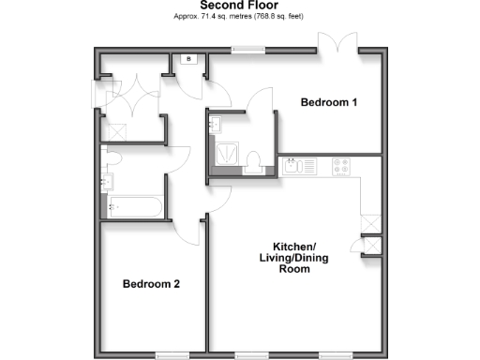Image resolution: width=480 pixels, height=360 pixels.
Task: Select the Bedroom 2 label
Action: coord(150,283)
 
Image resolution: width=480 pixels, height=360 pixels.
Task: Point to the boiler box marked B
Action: coord(189,61)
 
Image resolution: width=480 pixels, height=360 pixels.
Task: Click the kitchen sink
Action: coord(299,167)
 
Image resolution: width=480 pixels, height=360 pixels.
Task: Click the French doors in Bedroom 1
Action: coord(338,43)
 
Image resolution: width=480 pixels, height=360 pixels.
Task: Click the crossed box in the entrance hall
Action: coord(98,93)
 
